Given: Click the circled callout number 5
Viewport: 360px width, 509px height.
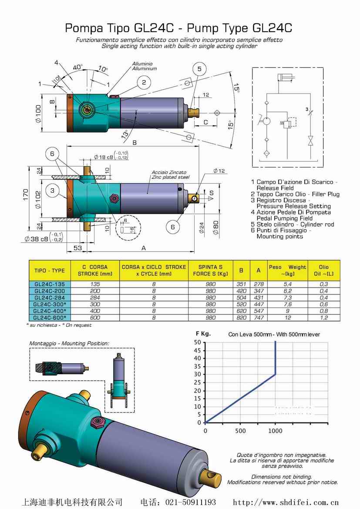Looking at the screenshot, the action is click(199, 69).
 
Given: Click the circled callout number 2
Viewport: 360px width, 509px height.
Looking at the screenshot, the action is click(144, 83).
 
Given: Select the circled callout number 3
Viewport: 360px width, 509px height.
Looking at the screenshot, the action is click(53, 191).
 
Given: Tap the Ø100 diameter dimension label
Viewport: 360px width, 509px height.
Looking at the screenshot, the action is click(38, 114).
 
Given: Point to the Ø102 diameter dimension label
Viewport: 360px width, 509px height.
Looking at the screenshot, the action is click(38, 200).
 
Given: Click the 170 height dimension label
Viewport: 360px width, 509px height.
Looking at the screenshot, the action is click(26, 195).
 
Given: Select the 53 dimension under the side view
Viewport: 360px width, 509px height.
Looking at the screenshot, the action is click(77, 248).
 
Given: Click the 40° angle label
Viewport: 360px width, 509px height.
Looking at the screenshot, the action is click(77, 67).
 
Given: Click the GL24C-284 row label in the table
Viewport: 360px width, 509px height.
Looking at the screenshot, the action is click(50, 298).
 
